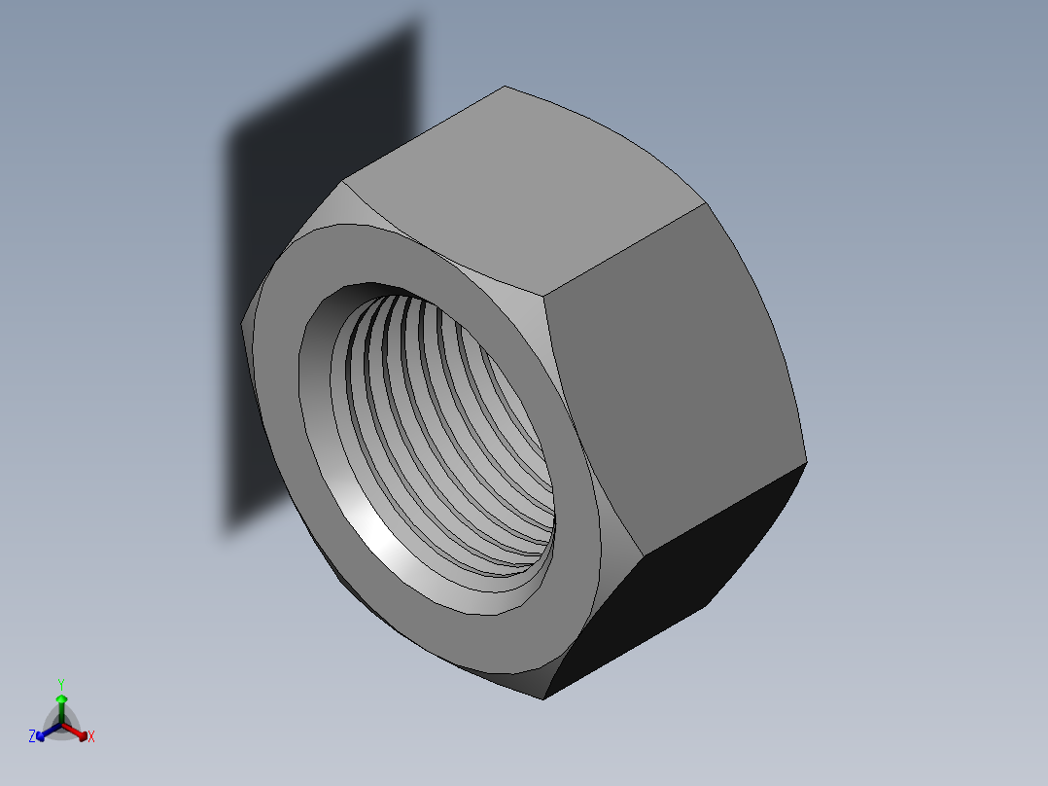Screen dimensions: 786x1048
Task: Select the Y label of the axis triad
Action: point(61,684)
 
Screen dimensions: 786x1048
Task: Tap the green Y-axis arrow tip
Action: point(61,698)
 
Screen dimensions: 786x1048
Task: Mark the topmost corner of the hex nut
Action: point(505,87)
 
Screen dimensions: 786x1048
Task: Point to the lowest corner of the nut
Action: point(543,698)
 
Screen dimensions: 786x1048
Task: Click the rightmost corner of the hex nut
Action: point(807,460)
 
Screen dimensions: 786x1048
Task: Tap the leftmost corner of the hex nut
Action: point(241,324)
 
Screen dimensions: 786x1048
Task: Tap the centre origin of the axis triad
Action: point(61,723)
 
